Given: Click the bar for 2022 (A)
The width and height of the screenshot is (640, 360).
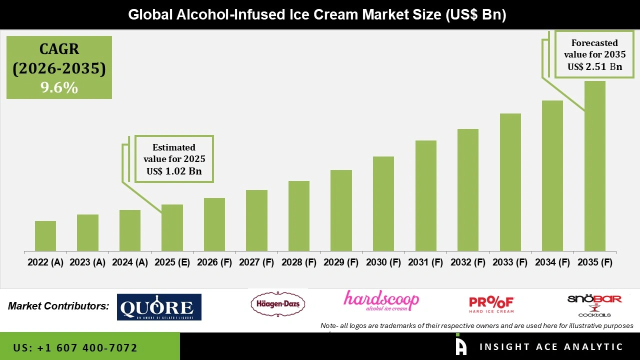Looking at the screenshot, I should (x=45, y=236).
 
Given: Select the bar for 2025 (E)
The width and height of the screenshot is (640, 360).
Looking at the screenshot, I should (x=172, y=227).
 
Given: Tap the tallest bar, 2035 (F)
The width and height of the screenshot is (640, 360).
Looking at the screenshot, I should (x=594, y=166).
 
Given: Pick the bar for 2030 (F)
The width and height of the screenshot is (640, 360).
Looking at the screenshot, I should (x=383, y=203).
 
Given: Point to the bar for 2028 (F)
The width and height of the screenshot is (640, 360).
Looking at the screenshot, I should (x=299, y=216).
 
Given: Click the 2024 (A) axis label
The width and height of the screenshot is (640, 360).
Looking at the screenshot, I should (x=130, y=262).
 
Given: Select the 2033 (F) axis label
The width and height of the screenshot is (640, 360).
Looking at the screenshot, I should (x=510, y=262).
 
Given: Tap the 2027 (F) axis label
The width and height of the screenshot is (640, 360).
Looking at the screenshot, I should (x=256, y=262).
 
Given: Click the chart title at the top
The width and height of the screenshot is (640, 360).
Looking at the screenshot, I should (x=317, y=15).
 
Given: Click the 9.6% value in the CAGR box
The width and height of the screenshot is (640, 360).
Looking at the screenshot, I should (x=59, y=88).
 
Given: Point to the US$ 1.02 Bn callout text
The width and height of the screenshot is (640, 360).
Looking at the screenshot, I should (x=174, y=170).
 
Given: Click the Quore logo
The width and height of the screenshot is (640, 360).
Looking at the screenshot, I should (x=159, y=307).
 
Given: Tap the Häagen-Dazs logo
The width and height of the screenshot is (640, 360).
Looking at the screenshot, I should (x=277, y=304).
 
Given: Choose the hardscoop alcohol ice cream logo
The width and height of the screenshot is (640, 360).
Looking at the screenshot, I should (x=381, y=301).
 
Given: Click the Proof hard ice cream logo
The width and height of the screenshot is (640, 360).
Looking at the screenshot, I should (x=491, y=304).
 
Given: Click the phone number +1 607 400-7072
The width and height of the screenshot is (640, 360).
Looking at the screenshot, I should (x=75, y=347).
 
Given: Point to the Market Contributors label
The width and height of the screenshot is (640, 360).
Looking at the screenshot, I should (x=58, y=306).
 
